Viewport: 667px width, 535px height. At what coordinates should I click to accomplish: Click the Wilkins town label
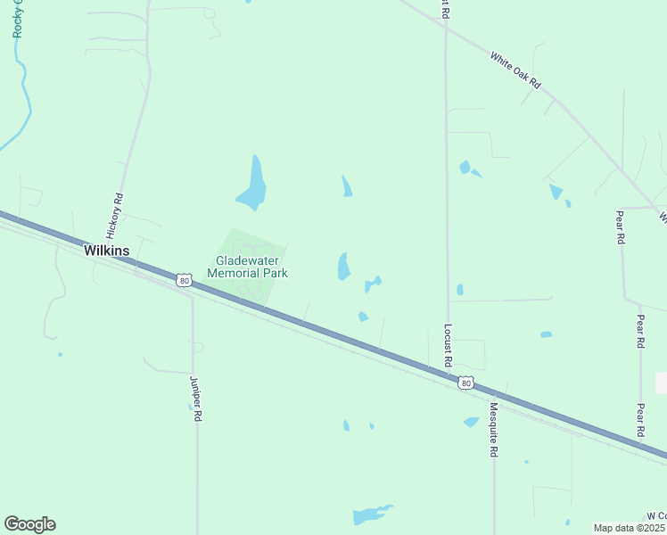[106, 251]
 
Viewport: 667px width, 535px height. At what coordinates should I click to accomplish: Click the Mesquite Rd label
[492, 430]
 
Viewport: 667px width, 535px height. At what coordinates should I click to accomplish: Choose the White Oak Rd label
[515, 70]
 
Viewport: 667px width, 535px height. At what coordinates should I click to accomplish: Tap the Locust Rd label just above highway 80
[448, 346]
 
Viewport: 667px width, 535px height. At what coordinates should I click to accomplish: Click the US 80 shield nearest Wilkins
[184, 281]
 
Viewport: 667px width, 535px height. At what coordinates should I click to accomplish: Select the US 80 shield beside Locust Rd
[465, 383]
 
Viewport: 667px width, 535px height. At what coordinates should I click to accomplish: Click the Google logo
[29, 524]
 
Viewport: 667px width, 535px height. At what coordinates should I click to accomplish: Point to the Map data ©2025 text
[630, 528]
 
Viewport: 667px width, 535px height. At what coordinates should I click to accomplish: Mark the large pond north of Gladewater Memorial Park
[253, 185]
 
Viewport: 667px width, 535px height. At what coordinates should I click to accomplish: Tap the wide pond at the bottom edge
[370, 514]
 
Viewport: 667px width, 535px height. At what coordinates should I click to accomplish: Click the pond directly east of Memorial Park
[343, 266]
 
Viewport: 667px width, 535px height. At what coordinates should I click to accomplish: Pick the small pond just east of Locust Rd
[459, 289]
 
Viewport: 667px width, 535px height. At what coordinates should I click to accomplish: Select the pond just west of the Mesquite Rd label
[471, 422]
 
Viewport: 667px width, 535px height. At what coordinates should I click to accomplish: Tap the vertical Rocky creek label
[17, 18]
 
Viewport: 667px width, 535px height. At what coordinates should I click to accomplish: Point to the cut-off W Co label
[656, 516]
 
